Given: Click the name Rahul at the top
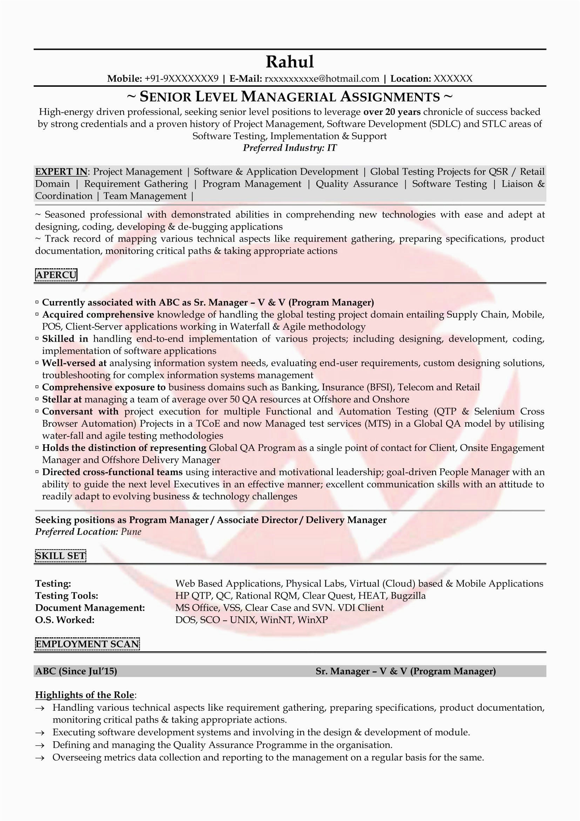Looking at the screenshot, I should (x=290, y=61).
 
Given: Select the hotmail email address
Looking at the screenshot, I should (x=322, y=79).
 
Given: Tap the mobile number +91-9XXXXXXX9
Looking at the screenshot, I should (x=181, y=79).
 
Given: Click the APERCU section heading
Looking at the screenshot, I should (x=56, y=275).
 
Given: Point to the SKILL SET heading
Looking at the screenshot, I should (x=60, y=556).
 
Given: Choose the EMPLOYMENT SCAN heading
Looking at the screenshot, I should (x=87, y=644).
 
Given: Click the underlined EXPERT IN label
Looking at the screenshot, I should (x=61, y=172).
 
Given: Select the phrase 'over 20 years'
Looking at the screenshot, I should (x=392, y=112).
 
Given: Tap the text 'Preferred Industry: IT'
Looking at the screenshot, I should (x=290, y=148).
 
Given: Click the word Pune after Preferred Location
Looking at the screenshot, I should (x=131, y=532).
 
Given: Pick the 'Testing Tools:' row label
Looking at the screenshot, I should (x=66, y=596).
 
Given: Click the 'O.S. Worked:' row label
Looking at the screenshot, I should (x=65, y=620).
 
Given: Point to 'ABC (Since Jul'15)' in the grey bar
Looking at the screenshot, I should (x=76, y=671).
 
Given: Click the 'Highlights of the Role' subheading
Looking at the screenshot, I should (x=85, y=695).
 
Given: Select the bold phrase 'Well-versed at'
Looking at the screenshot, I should (x=74, y=363).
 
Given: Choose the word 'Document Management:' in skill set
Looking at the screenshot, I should (x=90, y=608).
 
